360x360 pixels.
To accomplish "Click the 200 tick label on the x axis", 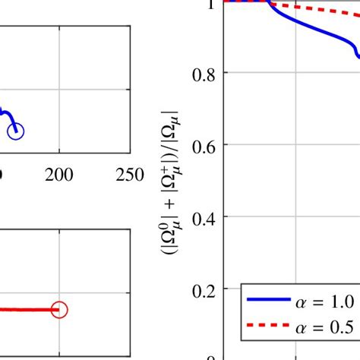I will coord(59,175).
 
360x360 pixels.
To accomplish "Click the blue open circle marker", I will coord(16,131).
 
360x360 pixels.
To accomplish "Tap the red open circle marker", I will coord(59,309).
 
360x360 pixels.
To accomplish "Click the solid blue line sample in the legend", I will coord(267,302).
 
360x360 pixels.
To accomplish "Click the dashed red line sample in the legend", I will coord(267,327).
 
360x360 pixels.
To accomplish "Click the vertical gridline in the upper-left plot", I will coord(59,76).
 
